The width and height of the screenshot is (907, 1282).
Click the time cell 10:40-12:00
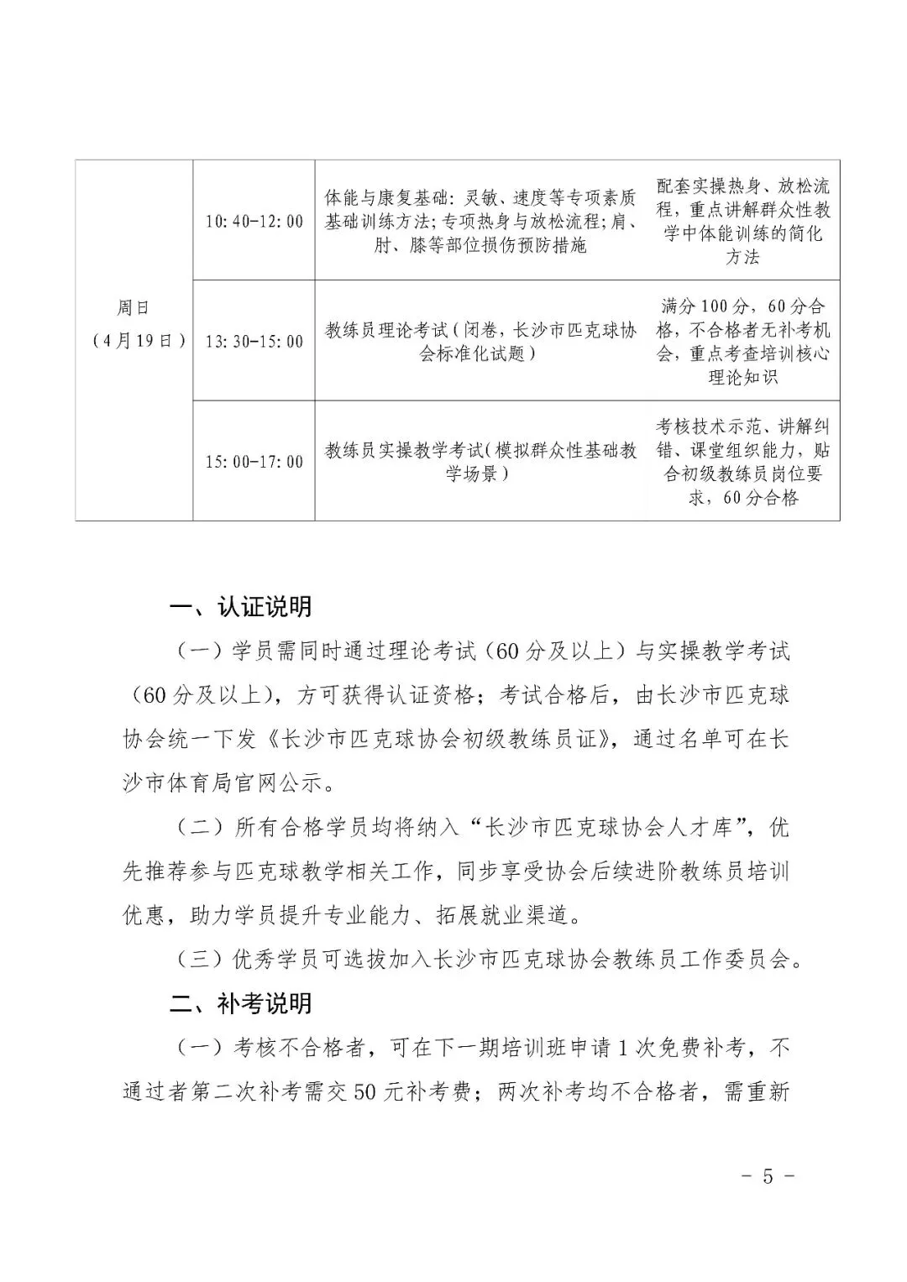[254, 222]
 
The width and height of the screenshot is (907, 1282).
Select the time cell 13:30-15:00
[254, 342]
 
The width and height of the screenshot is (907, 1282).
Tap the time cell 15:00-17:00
[254, 462]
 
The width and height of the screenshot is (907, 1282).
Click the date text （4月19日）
[134, 341]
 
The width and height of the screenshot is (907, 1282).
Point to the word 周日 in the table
[134, 309]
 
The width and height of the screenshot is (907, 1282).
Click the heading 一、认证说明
[241, 607]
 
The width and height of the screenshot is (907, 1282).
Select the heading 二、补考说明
[241, 1003]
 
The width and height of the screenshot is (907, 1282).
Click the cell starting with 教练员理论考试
[481, 342]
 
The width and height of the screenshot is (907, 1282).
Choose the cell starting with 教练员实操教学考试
[481, 462]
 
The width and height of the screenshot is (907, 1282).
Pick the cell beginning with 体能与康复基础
[481, 222]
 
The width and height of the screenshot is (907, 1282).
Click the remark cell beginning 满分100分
[743, 342]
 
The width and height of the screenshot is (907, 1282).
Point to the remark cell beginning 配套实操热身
[743, 222]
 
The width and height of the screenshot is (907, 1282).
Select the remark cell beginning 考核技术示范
[743, 462]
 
